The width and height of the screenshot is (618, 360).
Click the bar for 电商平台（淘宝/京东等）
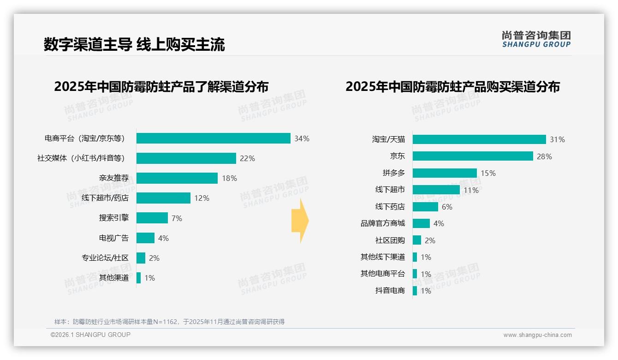[213, 138]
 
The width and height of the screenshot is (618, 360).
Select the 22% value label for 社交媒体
[247, 158]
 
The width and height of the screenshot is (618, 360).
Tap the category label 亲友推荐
[113, 178]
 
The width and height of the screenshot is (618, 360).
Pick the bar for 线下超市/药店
[163, 198]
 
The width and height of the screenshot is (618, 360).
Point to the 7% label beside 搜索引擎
[177, 218]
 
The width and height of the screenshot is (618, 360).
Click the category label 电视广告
[113, 238]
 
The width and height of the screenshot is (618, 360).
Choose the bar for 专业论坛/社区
[141, 258]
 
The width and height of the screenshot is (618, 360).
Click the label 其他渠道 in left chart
[113, 278]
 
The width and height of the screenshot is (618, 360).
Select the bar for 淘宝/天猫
[479, 139]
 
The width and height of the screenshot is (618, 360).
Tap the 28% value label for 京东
[544, 156]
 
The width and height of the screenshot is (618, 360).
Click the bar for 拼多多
[445, 173]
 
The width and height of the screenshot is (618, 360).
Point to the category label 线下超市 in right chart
[390, 190]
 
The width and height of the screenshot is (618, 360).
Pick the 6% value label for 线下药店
[447, 207]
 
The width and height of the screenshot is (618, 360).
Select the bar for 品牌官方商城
[421, 223]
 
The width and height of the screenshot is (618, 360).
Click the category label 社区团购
[390, 240]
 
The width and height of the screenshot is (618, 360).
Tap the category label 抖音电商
[390, 291]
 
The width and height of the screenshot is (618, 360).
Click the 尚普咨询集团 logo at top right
[536, 39]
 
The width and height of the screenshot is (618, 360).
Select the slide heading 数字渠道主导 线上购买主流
[134, 44]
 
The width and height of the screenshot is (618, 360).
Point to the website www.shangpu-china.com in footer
[537, 335]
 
